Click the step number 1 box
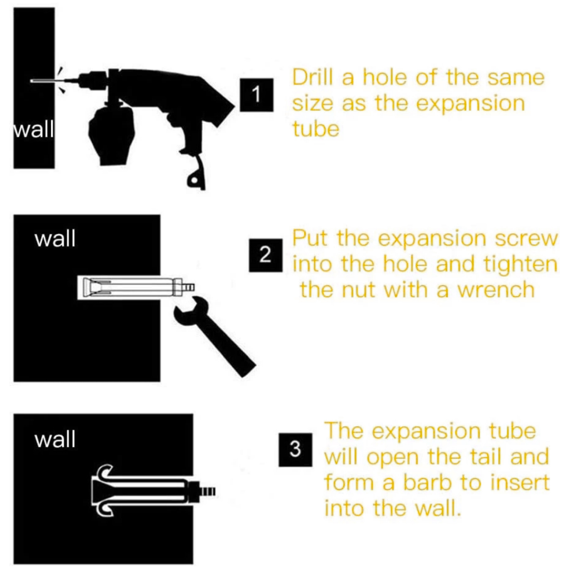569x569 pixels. point(257,94)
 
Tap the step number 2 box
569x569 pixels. point(266,255)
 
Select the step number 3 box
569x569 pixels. point(296,450)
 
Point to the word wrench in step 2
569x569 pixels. point(496,290)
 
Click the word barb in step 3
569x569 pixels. point(427,482)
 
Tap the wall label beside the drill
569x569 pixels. point(34,129)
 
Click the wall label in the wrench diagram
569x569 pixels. point(55,239)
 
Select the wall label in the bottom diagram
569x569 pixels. point(55,440)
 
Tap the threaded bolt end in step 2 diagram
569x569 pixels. point(188,288)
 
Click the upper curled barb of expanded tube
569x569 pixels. point(104,472)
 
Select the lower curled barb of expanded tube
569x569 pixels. point(104,508)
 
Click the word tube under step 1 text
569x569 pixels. point(316,129)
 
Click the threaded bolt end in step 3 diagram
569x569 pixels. point(208,491)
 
